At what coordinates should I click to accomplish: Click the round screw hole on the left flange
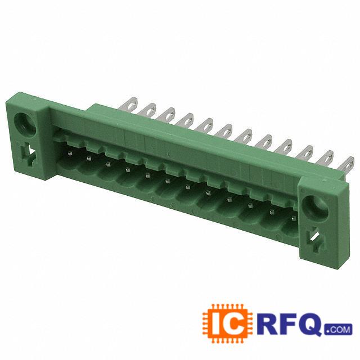[25, 125]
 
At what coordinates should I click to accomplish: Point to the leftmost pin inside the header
[70, 153]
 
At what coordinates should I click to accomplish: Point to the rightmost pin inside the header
[293, 218]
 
